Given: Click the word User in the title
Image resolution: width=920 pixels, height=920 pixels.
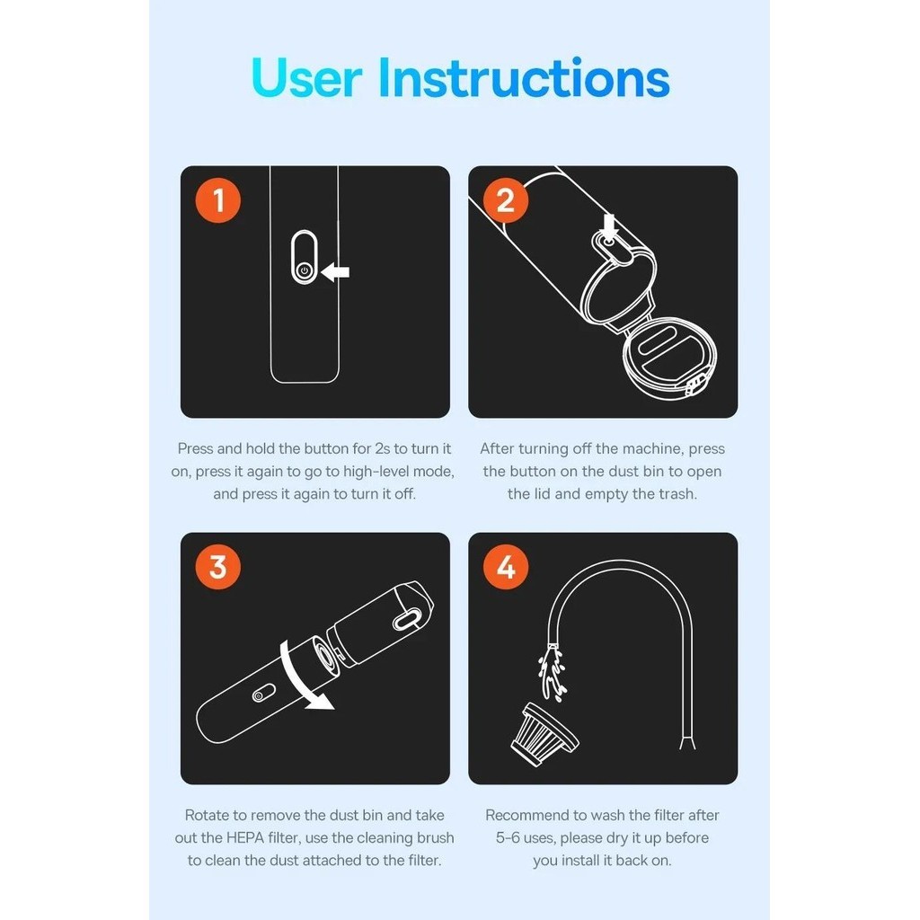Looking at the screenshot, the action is click(305, 77).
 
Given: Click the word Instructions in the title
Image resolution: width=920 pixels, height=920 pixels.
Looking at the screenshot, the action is click(524, 77).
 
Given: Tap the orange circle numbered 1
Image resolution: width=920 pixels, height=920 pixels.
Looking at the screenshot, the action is click(217, 200).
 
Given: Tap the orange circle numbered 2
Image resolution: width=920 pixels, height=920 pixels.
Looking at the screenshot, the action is click(505, 200).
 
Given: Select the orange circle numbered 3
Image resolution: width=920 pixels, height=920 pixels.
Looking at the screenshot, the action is click(217, 567).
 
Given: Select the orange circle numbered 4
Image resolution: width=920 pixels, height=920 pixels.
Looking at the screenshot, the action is click(505, 567).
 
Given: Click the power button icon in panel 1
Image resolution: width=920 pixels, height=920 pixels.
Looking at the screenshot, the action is click(304, 270).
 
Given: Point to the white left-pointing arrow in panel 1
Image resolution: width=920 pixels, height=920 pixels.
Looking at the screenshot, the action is click(335, 271).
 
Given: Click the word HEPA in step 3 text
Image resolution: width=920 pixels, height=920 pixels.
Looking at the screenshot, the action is click(245, 838).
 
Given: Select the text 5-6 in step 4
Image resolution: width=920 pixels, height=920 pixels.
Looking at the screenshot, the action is click(509, 838).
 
